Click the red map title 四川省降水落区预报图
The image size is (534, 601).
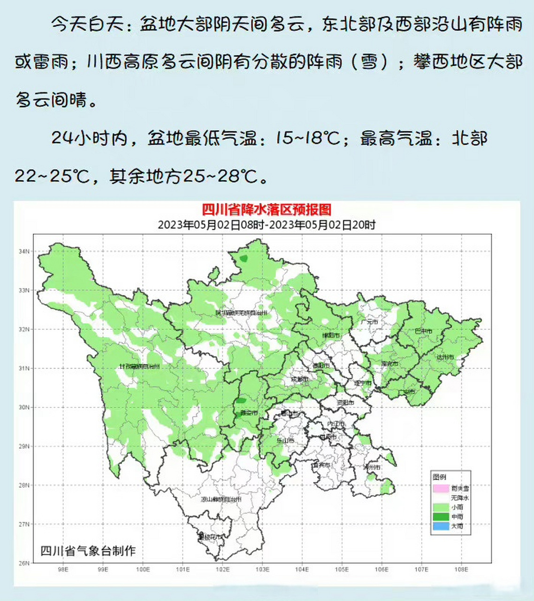pyautogui.click(x=267, y=210)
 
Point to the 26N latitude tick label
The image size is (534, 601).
pyautogui.click(x=24, y=563)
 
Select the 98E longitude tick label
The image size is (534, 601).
pyautogui.click(x=63, y=570)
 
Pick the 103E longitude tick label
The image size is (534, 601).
pyautogui.click(x=262, y=570)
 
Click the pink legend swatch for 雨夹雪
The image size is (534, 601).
pyautogui.click(x=441, y=488)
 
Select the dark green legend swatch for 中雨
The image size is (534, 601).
pyautogui.click(x=441, y=517)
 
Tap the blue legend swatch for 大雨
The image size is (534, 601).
pyautogui.click(x=441, y=526)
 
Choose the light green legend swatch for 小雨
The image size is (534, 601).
pyautogui.click(x=441, y=508)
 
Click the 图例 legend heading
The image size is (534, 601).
pyautogui.click(x=440, y=477)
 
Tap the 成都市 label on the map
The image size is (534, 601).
pyautogui.click(x=299, y=379)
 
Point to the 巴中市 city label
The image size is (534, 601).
pyautogui.click(x=423, y=331)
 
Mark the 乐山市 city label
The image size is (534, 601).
pyautogui.click(x=285, y=441)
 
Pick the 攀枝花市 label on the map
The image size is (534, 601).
pyautogui.click(x=210, y=536)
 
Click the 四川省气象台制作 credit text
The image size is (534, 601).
pyautogui.click(x=88, y=551)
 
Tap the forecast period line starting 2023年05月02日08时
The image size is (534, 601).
pyautogui.click(x=267, y=225)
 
